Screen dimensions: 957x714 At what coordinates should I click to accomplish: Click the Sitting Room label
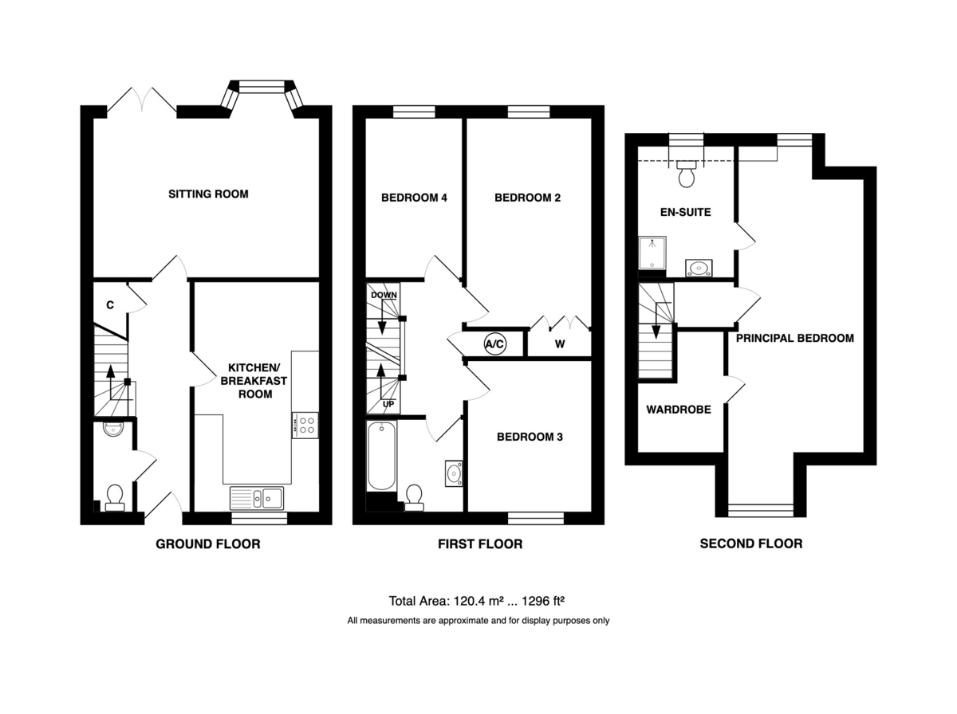point(208,194)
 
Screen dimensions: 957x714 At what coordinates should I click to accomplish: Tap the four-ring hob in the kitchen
point(305,426)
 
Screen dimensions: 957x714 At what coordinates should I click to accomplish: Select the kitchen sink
point(256,497)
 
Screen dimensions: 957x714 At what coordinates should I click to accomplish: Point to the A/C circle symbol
point(494,344)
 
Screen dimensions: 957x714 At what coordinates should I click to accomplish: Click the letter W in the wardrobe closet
point(560,344)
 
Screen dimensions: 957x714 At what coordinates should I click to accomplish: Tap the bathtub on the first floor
point(381,455)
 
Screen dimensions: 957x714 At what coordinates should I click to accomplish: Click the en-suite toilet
point(687,174)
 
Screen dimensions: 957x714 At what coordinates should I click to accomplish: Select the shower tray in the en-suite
point(652,253)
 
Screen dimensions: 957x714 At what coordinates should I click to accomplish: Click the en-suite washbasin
point(699,268)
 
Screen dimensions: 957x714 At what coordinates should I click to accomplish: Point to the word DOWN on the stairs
point(384,295)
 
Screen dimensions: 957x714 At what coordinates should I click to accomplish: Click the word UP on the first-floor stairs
point(388,404)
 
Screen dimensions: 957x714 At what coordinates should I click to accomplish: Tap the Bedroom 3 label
point(530,437)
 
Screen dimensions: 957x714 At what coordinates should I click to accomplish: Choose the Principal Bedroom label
point(795,338)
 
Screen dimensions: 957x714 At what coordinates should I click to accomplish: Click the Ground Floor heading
point(208,543)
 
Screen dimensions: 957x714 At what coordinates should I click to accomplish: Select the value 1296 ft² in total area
point(543,601)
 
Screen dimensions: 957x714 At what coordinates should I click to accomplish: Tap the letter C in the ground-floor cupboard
point(110,305)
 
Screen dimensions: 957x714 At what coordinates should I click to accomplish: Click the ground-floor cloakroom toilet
point(115,498)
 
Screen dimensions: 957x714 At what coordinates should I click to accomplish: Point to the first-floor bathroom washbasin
point(454,473)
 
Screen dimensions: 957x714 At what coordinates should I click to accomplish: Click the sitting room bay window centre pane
point(261,87)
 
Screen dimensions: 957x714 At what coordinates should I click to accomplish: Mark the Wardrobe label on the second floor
point(679,410)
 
